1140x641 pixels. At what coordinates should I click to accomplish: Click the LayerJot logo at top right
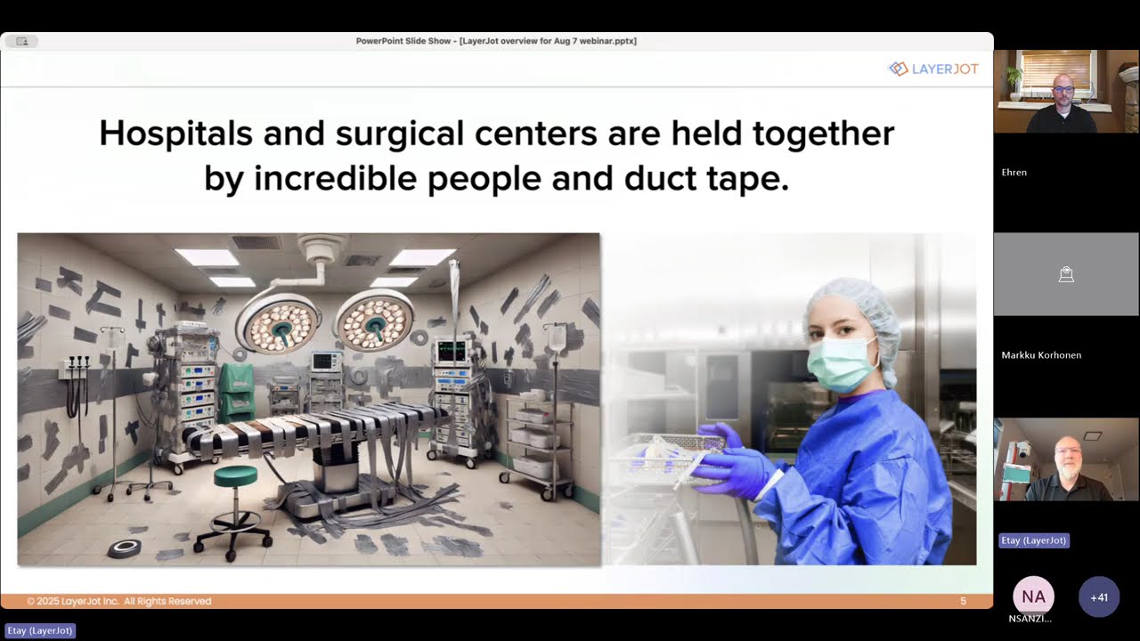932,69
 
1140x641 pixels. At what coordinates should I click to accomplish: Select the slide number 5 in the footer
963,601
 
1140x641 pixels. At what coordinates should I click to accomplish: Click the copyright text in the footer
118,601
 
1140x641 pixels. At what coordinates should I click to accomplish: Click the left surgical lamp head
279,322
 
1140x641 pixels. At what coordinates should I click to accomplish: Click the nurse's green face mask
842,363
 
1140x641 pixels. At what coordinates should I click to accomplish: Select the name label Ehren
1014,173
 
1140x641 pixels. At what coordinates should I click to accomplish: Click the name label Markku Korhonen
1041,355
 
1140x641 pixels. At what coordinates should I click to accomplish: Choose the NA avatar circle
1033,596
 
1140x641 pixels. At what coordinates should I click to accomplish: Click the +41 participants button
1099,596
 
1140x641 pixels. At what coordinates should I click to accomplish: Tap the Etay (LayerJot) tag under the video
1033,540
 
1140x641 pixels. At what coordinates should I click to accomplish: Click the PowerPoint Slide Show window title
496,41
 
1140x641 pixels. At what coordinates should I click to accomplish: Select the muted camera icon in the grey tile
1066,274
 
